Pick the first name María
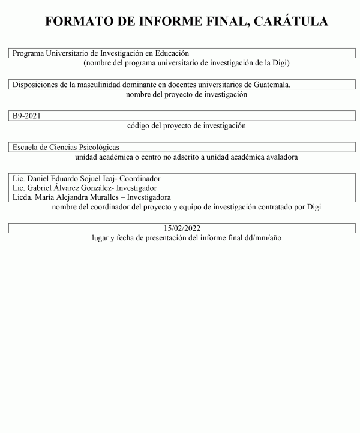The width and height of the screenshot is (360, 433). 46,197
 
